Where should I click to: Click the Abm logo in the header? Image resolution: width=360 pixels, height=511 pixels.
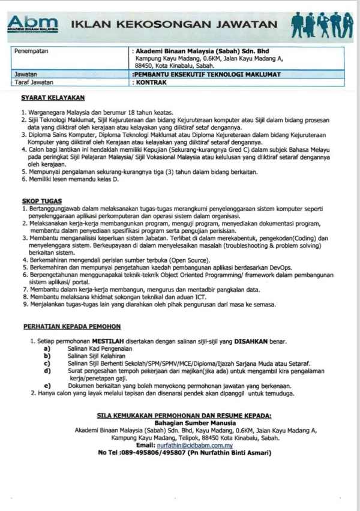click(x=33, y=24)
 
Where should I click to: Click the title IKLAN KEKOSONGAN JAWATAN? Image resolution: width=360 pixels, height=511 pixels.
click(x=175, y=24)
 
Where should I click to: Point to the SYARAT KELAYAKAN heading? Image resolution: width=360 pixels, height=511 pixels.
click(x=52, y=97)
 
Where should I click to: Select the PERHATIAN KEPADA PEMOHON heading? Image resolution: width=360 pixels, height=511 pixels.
click(x=71, y=326)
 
